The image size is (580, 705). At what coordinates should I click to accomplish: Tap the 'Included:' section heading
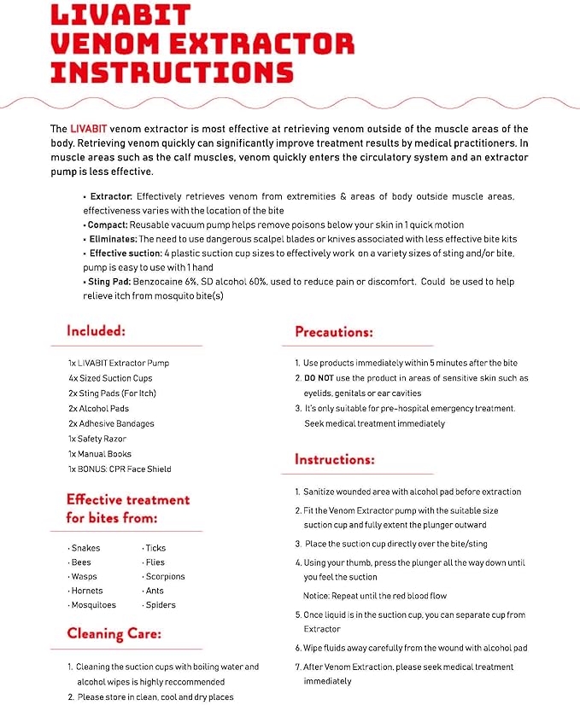(x=97, y=330)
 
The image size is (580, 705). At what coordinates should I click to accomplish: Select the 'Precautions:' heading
(x=334, y=332)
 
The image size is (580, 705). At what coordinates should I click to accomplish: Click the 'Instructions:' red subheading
(x=336, y=460)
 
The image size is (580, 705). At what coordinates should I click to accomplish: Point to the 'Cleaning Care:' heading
(x=114, y=633)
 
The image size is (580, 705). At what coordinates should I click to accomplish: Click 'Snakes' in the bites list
(x=85, y=548)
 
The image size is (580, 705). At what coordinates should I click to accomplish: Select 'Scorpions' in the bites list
(x=165, y=576)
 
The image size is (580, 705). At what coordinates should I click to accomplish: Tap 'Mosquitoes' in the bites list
(x=93, y=604)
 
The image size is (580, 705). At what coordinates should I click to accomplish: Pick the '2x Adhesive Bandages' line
(x=111, y=423)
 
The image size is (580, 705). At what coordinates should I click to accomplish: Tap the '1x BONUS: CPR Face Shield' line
(x=120, y=469)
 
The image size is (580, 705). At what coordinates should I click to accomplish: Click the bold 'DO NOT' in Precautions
(x=320, y=378)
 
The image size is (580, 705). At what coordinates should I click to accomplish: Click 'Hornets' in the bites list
(x=87, y=591)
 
